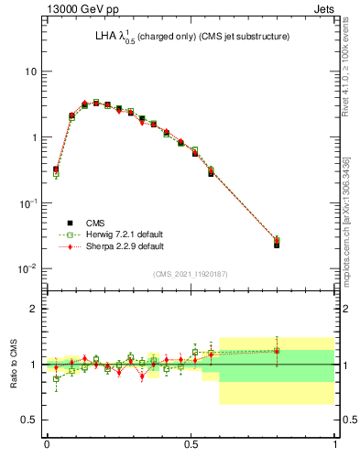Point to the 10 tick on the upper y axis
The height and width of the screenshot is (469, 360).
tap(30, 71)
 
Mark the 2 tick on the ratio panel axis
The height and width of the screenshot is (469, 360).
tap(33, 310)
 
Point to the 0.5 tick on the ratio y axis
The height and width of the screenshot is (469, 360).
tap(28, 420)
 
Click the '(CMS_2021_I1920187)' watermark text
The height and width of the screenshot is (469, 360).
tap(190, 274)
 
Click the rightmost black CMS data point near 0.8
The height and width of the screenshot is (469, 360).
tap(277, 245)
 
